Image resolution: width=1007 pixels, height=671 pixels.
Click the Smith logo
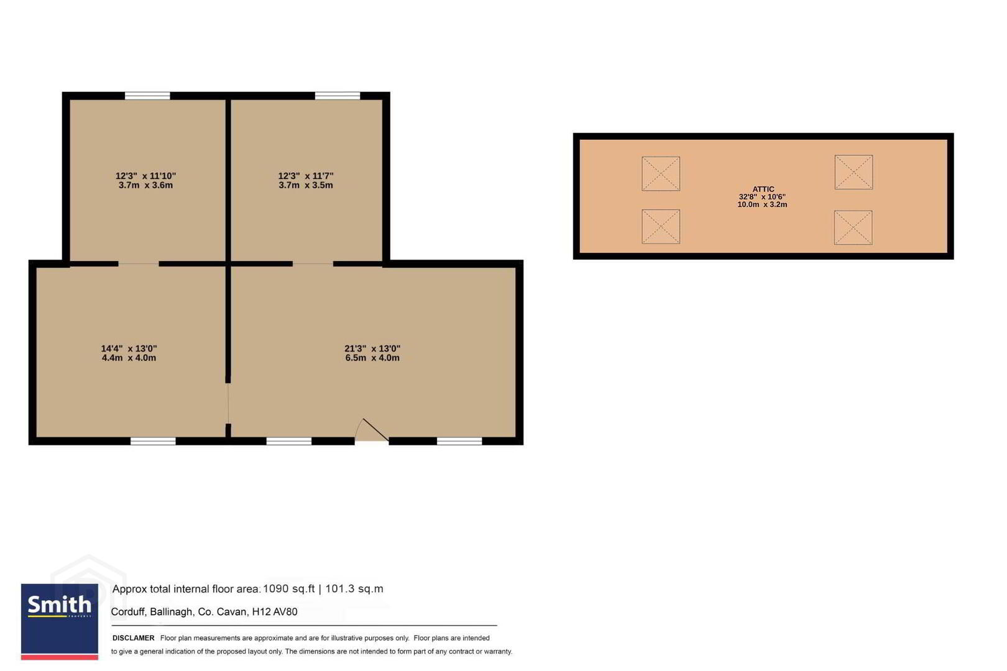click(x=59, y=621)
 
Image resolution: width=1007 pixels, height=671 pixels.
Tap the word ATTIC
click(x=763, y=189)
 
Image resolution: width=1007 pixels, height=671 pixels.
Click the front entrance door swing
click(x=372, y=430)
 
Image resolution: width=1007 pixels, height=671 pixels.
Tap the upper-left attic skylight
click(x=660, y=173)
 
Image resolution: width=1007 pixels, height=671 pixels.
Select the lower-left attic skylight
click(x=660, y=227)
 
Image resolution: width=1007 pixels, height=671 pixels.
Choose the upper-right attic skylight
click(x=853, y=172)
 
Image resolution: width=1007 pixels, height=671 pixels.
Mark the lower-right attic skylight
click(x=853, y=227)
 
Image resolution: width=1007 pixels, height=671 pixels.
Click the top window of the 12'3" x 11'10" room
click(x=147, y=96)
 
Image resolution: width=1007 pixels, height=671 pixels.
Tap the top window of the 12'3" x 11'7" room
click(x=338, y=96)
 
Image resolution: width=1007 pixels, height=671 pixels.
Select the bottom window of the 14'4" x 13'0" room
click(x=153, y=441)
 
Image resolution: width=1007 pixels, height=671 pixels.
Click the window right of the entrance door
click(x=459, y=441)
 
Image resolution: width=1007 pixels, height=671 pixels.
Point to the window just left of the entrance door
click(x=288, y=441)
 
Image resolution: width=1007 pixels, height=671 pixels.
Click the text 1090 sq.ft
click(x=288, y=589)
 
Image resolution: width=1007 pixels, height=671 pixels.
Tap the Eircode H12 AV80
click(x=275, y=612)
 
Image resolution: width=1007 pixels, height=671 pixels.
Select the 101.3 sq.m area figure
click(x=354, y=589)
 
